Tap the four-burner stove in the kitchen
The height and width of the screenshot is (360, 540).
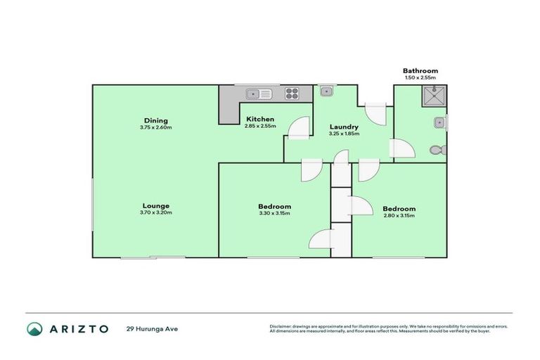(x=292, y=93)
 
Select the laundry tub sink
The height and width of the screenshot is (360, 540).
(x=326, y=91)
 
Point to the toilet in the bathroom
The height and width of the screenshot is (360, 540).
(x=437, y=149)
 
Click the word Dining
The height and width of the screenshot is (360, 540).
(x=155, y=120)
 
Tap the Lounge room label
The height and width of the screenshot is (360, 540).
(x=155, y=205)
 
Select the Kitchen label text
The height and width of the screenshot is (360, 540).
(x=259, y=119)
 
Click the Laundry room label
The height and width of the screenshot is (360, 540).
(x=345, y=127)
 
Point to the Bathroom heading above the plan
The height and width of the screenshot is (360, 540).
(x=420, y=70)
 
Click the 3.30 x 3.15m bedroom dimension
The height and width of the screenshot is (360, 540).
(x=274, y=214)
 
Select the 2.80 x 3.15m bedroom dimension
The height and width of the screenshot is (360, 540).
(x=399, y=216)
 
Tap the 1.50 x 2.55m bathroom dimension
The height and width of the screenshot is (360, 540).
(x=420, y=78)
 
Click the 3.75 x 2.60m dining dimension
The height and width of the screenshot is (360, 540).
(x=155, y=127)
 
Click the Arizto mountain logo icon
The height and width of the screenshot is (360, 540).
(x=34, y=329)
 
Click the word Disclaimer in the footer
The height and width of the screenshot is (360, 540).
(x=280, y=327)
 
